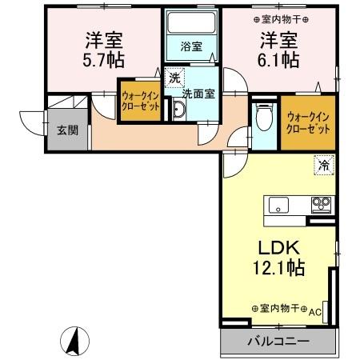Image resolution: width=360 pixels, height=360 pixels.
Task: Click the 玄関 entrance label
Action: (x=67, y=130)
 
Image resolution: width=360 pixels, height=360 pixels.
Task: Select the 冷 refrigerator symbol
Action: (x=323, y=166)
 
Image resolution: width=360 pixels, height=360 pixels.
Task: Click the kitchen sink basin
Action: (x=278, y=206)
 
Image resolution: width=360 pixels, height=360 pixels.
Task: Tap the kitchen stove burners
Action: (x=321, y=205)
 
